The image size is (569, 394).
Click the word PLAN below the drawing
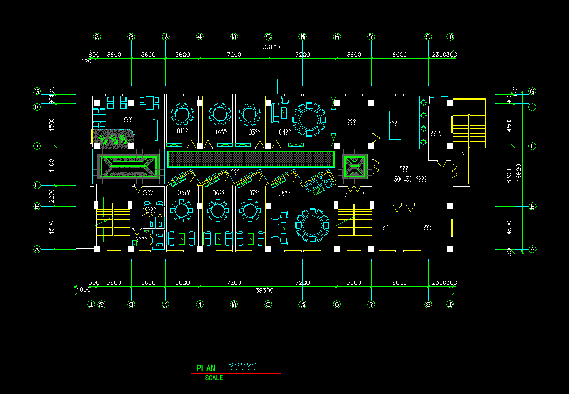[206, 368]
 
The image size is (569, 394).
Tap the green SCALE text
[214, 378]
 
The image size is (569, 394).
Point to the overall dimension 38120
[271, 47]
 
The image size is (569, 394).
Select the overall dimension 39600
[264, 290]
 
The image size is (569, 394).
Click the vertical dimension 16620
[519, 170]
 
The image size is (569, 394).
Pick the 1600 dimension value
[83, 290]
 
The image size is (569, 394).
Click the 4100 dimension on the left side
[52, 166]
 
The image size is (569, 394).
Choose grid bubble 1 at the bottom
[91, 304]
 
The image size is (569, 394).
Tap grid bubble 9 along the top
[428, 37]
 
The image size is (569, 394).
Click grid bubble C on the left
[37, 185]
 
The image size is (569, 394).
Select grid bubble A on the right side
[533, 249]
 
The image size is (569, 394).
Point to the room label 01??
[183, 132]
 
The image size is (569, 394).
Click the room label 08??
[284, 193]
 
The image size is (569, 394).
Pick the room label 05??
[183, 193]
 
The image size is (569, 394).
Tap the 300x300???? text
[410, 179]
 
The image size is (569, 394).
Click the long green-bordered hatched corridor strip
[251, 159]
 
